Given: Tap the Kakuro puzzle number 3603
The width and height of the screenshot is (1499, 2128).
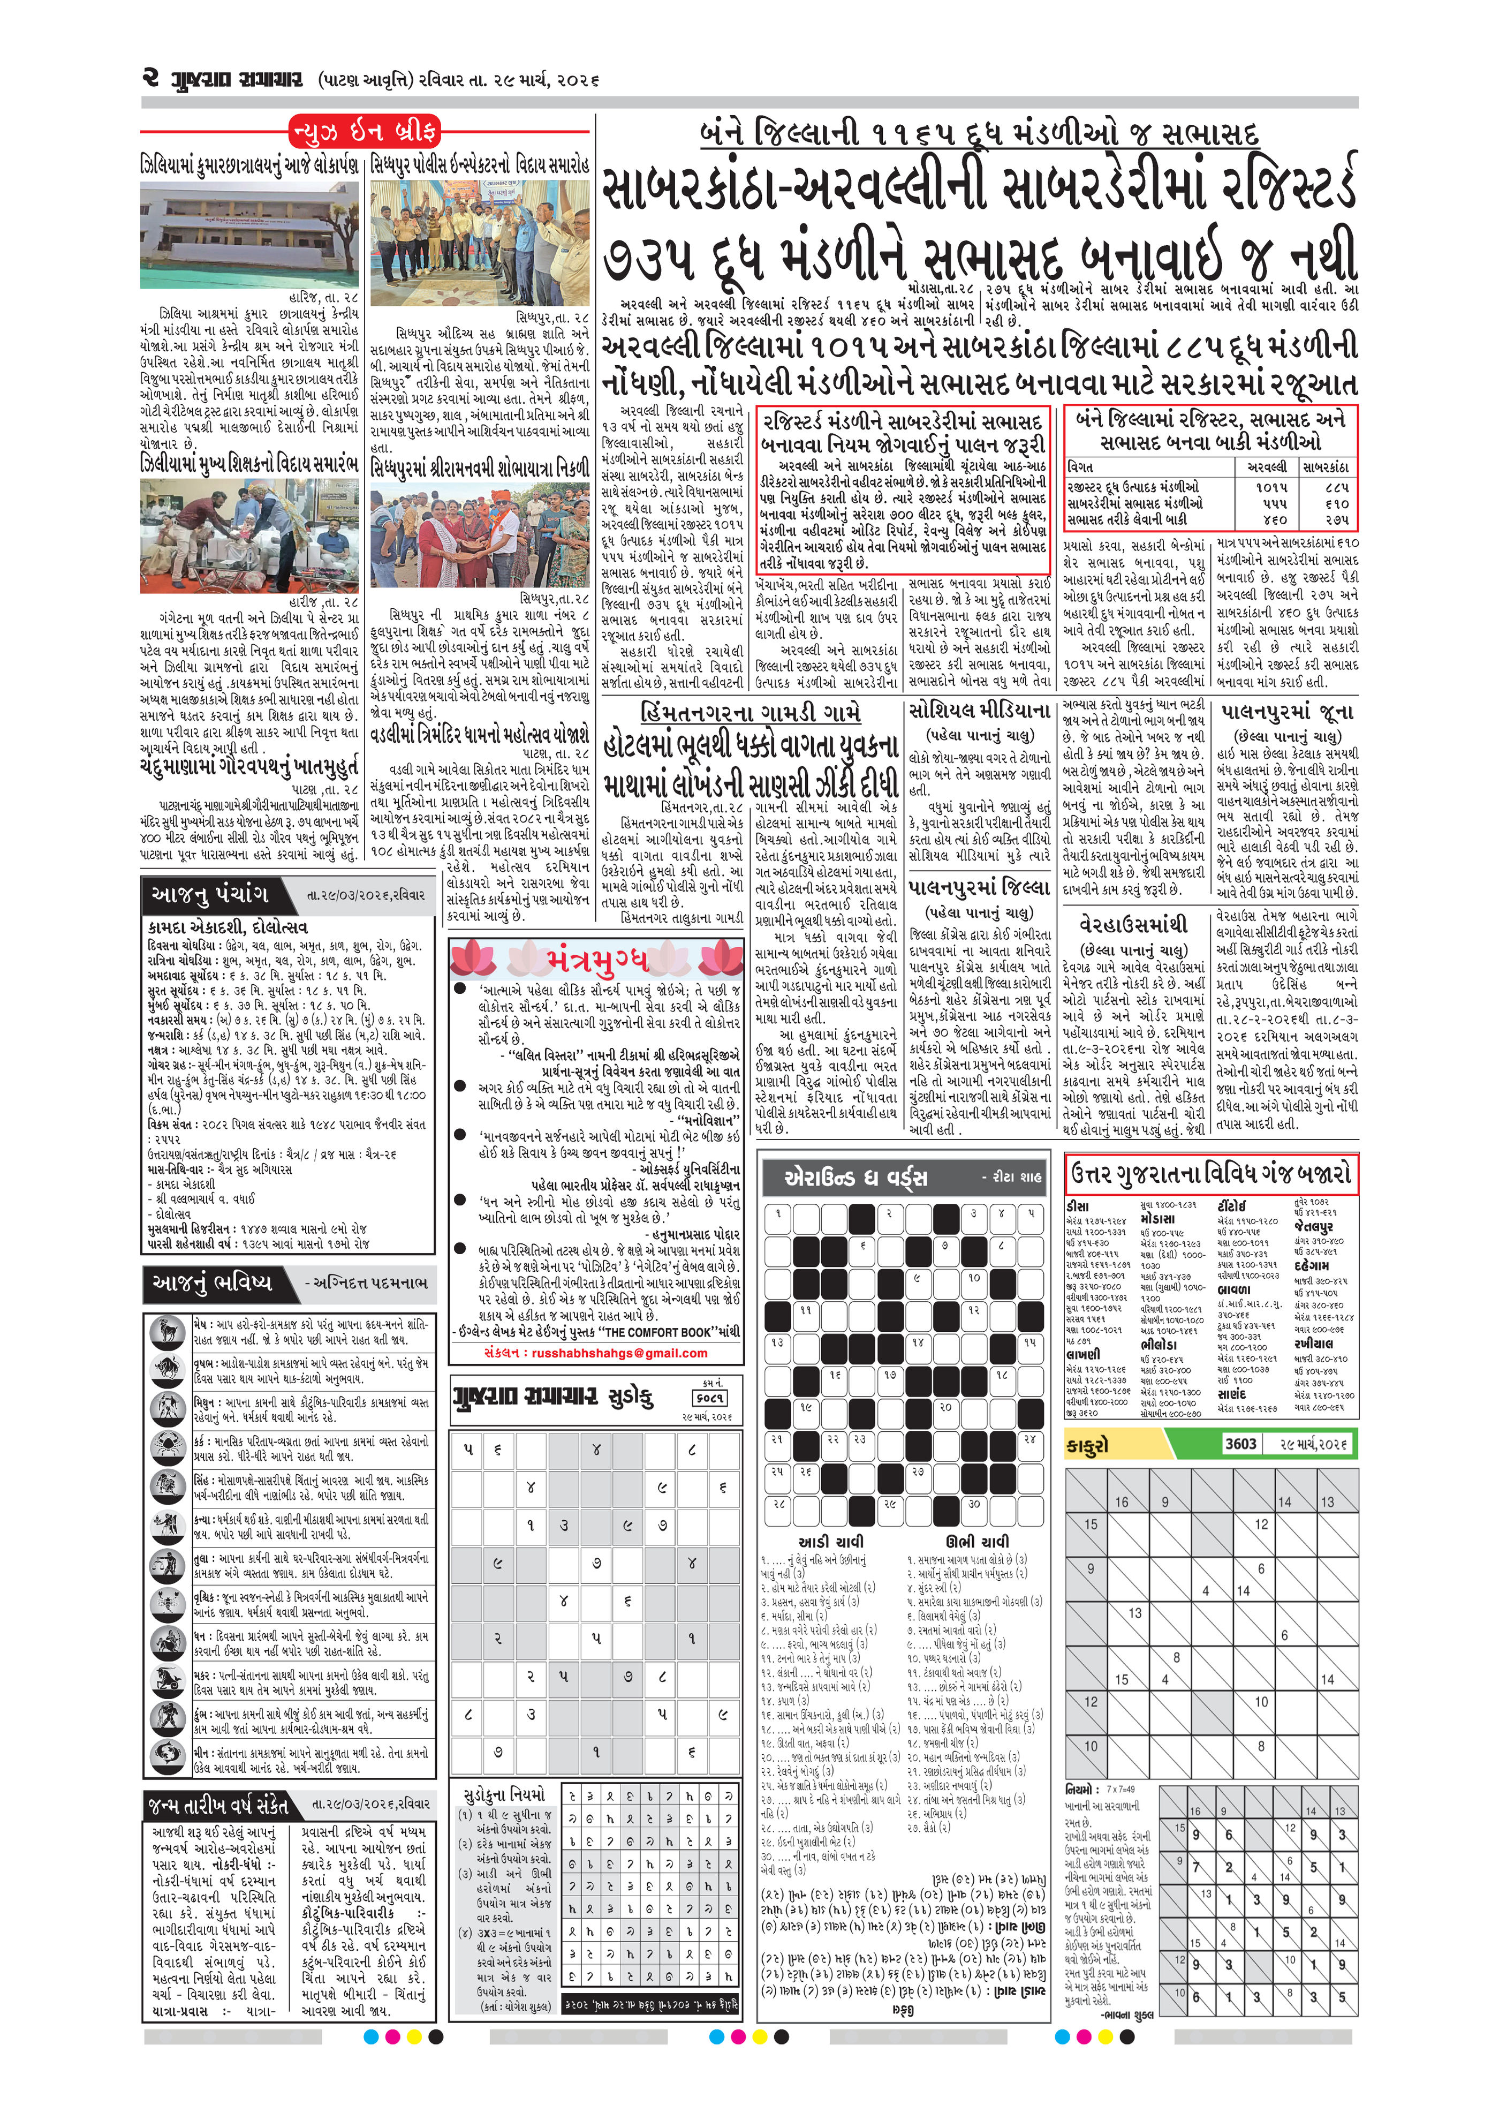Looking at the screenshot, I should coord(1240,1443).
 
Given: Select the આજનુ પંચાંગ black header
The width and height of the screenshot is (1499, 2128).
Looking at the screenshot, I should coord(210,894).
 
